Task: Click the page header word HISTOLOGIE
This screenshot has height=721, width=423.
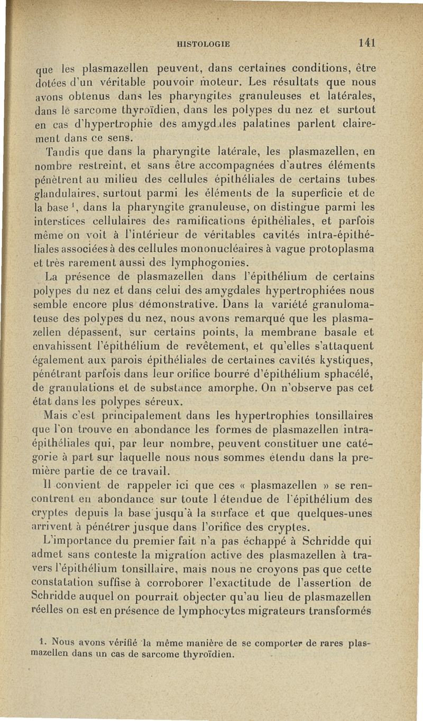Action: pos(205,45)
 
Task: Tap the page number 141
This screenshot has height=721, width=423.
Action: pos(366,43)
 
